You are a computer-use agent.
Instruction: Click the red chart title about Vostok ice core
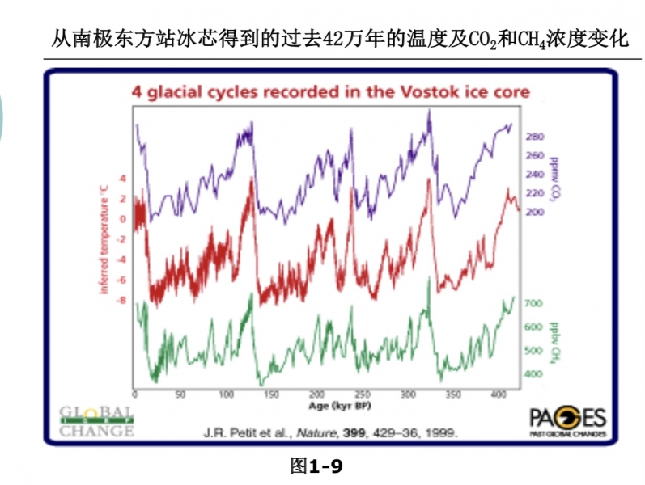(330, 92)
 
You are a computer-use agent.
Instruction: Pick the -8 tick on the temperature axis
(122, 302)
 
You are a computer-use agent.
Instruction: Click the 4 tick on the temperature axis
(123, 178)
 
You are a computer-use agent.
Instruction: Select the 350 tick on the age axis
(453, 395)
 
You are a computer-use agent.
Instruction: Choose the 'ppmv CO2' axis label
(556, 178)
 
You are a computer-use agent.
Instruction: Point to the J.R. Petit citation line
(329, 432)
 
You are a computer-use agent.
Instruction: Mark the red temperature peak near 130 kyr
(252, 179)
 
